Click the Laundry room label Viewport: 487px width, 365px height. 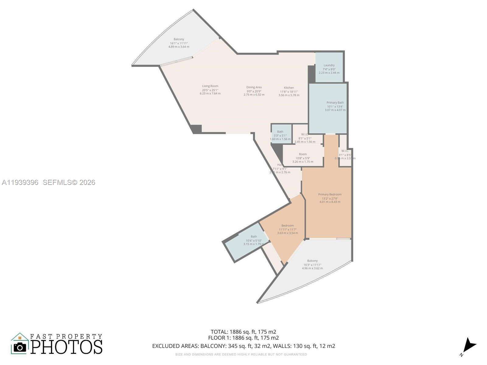tap(329, 65)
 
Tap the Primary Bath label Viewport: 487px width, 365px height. tap(335, 103)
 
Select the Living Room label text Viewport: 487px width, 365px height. tap(210, 86)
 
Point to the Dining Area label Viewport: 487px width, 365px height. tap(254, 87)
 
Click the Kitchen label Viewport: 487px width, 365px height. tap(289, 88)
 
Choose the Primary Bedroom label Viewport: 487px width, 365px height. tap(330, 195)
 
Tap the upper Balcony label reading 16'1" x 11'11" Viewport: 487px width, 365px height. tap(179, 40)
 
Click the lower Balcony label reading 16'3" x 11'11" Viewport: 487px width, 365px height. tap(312, 261)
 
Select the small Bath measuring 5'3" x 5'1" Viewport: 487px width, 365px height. tap(280, 132)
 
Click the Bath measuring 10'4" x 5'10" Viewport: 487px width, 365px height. tap(254, 237)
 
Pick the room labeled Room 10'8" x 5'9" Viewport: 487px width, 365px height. tap(303, 155)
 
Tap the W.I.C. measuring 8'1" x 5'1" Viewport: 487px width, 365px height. tap(305, 134)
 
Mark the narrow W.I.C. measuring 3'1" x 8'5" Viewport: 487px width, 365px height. tap(345, 151)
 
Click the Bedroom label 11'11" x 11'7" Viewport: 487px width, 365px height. tap(287, 226)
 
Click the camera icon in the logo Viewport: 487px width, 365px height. tap(20, 347)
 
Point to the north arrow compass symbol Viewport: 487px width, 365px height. tap(469, 346)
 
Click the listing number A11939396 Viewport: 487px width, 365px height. tap(20, 182)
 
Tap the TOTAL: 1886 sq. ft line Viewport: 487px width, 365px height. tap(243, 332)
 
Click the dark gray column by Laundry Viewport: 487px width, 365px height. tap(311, 74)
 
